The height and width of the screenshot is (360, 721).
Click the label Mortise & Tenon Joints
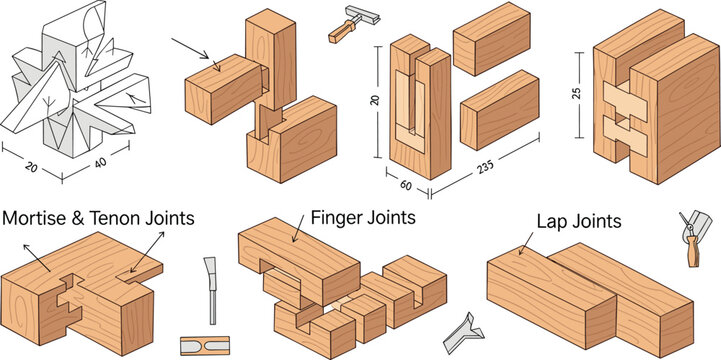click(98, 217)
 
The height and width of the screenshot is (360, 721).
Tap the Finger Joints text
click(363, 216)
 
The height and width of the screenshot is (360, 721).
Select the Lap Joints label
click(579, 222)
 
